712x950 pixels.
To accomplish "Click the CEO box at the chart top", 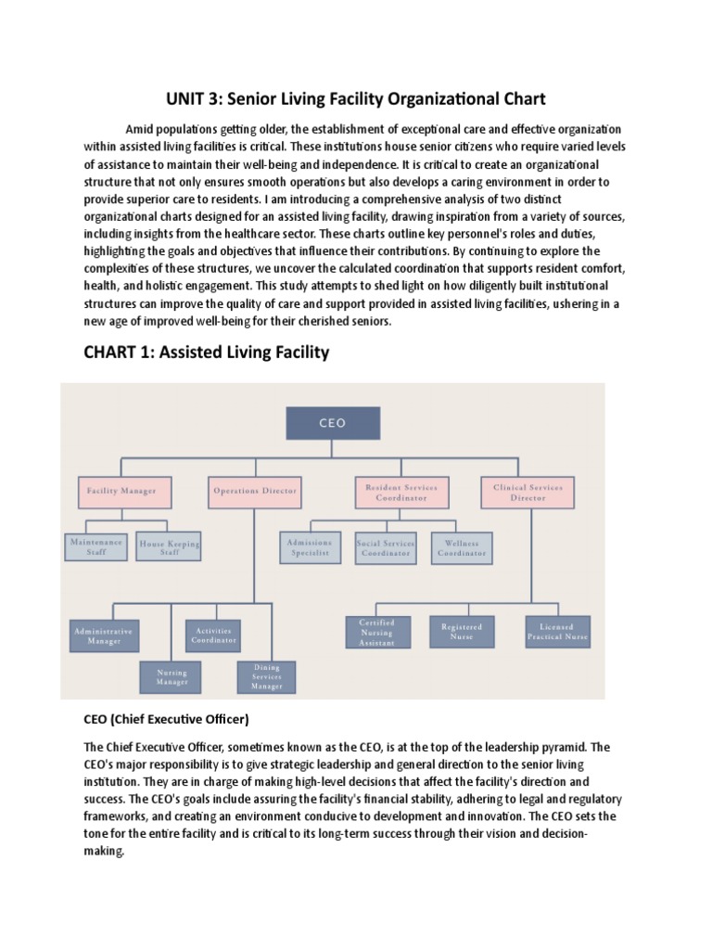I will pyautogui.click(x=332, y=423).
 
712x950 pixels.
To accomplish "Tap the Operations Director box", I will pyautogui.click(x=254, y=491).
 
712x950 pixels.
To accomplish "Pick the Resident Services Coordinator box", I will pyautogui.click(x=396, y=492).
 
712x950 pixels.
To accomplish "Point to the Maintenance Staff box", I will pyautogui.click(x=96, y=546).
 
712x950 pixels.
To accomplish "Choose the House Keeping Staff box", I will pyautogui.click(x=169, y=546).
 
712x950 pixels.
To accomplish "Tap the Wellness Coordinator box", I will pyautogui.click(x=461, y=547).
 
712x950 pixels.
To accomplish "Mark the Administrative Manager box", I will pyautogui.click(x=103, y=635).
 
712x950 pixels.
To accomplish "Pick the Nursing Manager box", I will pyautogui.click(x=172, y=677).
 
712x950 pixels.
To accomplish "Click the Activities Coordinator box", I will pyautogui.click(x=214, y=635).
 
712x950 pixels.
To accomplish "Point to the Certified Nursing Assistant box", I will pyautogui.click(x=376, y=632).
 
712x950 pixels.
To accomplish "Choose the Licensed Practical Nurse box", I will pyautogui.click(x=558, y=632).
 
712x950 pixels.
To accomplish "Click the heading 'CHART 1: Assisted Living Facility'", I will pyautogui.click(x=207, y=353).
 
